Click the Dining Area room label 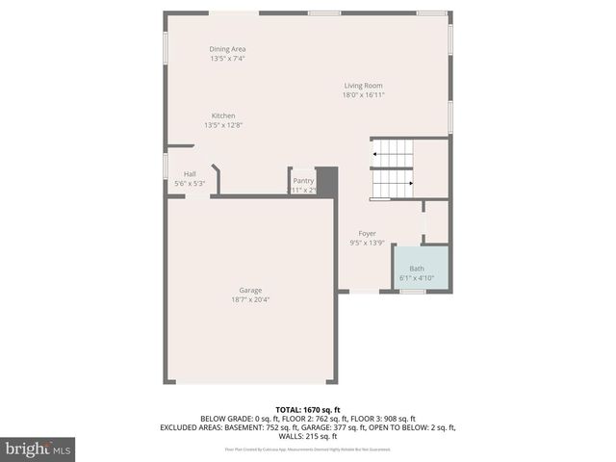click(228, 49)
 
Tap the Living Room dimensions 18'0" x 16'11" click(363, 94)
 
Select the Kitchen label click(223, 115)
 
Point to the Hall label click(190, 174)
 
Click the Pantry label click(303, 180)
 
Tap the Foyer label click(367, 234)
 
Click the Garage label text click(250, 290)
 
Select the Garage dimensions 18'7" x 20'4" click(250, 299)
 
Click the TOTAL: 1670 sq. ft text click(308, 410)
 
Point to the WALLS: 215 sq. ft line click(308, 437)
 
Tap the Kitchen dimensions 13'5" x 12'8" click(223, 125)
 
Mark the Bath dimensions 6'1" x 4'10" click(417, 278)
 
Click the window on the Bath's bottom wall click(413, 291)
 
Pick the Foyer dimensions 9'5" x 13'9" click(367, 244)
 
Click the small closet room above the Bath click(436, 222)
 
